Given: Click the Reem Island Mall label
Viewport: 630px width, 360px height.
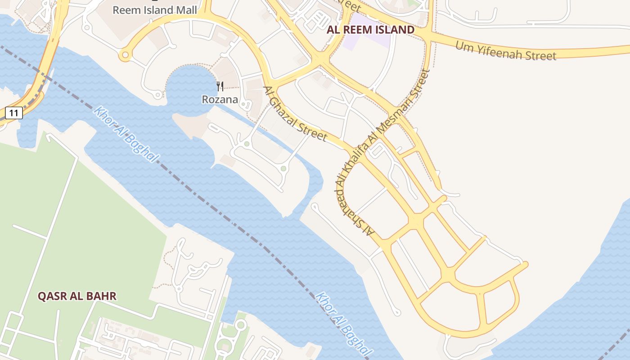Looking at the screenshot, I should click(x=154, y=10).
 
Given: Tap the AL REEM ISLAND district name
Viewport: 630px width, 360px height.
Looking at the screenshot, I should click(x=370, y=30).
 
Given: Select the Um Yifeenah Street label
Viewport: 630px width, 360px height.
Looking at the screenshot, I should click(x=506, y=50).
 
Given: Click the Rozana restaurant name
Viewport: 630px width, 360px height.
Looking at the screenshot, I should click(x=220, y=99).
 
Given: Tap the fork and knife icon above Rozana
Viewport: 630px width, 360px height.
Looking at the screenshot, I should click(x=220, y=86).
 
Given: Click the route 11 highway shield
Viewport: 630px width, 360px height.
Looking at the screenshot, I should click(x=14, y=112).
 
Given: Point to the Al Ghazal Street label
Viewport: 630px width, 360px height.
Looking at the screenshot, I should click(x=295, y=113).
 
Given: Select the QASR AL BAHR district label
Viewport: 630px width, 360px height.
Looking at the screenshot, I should click(x=77, y=296).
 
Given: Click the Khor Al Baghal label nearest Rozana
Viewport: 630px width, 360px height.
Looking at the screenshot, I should click(x=126, y=134).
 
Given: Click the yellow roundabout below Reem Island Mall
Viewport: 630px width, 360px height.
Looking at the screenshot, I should click(x=125, y=55).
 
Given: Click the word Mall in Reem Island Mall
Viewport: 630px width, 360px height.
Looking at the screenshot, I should click(x=186, y=10).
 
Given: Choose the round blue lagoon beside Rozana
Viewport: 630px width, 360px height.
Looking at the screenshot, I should click(x=189, y=85).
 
